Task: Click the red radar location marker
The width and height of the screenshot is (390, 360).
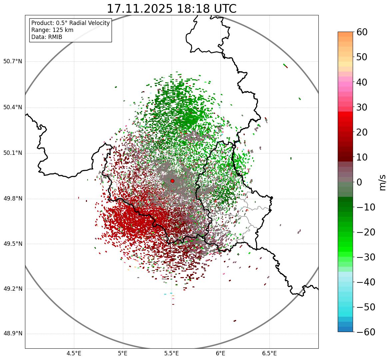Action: pos(172,181)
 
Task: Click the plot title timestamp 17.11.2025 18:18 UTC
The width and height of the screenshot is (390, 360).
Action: pos(172,9)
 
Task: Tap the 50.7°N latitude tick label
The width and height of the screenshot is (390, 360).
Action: pos(13,62)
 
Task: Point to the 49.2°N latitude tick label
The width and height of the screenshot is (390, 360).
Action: pos(13,289)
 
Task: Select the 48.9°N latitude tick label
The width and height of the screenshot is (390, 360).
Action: pos(13,334)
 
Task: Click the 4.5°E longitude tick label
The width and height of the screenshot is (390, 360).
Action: pos(74,353)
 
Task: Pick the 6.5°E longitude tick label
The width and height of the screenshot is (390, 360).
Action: pos(269,353)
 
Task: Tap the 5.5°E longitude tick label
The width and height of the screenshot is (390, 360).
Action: pos(172,353)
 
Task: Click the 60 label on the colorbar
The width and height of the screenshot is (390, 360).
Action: pos(362,32)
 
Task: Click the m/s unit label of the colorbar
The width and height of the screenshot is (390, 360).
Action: pos(382,182)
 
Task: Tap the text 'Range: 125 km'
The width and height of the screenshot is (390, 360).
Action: pos(52,30)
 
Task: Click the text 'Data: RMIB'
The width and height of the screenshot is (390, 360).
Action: pos(47,37)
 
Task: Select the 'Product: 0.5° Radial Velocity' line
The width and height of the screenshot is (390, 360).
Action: pos(70,23)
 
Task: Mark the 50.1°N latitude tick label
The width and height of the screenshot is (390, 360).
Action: pos(13,153)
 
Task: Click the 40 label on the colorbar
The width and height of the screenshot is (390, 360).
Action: pos(362,82)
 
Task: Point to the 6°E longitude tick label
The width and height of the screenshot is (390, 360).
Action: pos(220,353)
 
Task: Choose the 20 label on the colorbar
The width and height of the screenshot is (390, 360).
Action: pos(362,132)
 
